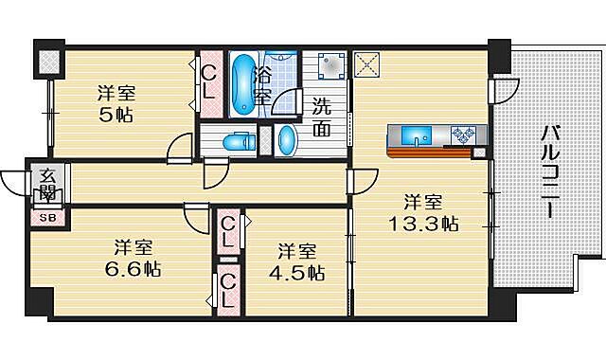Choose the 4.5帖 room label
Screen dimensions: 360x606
pyautogui.click(x=300, y=261)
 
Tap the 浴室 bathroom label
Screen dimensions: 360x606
pyautogui.click(x=265, y=83)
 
